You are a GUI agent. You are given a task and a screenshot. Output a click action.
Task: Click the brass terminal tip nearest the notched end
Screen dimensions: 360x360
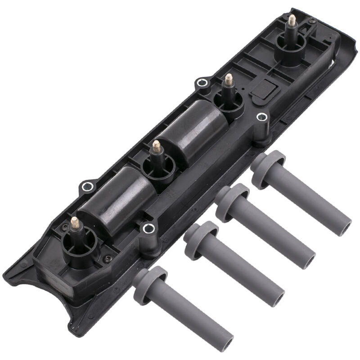click(x=75, y=222)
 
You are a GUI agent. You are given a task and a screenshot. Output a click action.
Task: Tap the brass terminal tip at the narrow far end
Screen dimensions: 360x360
click(x=292, y=19)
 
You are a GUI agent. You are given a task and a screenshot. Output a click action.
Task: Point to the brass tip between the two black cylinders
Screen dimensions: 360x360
click(x=156, y=145)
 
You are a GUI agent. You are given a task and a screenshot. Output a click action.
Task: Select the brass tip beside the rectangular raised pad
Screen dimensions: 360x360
click(x=229, y=80)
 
